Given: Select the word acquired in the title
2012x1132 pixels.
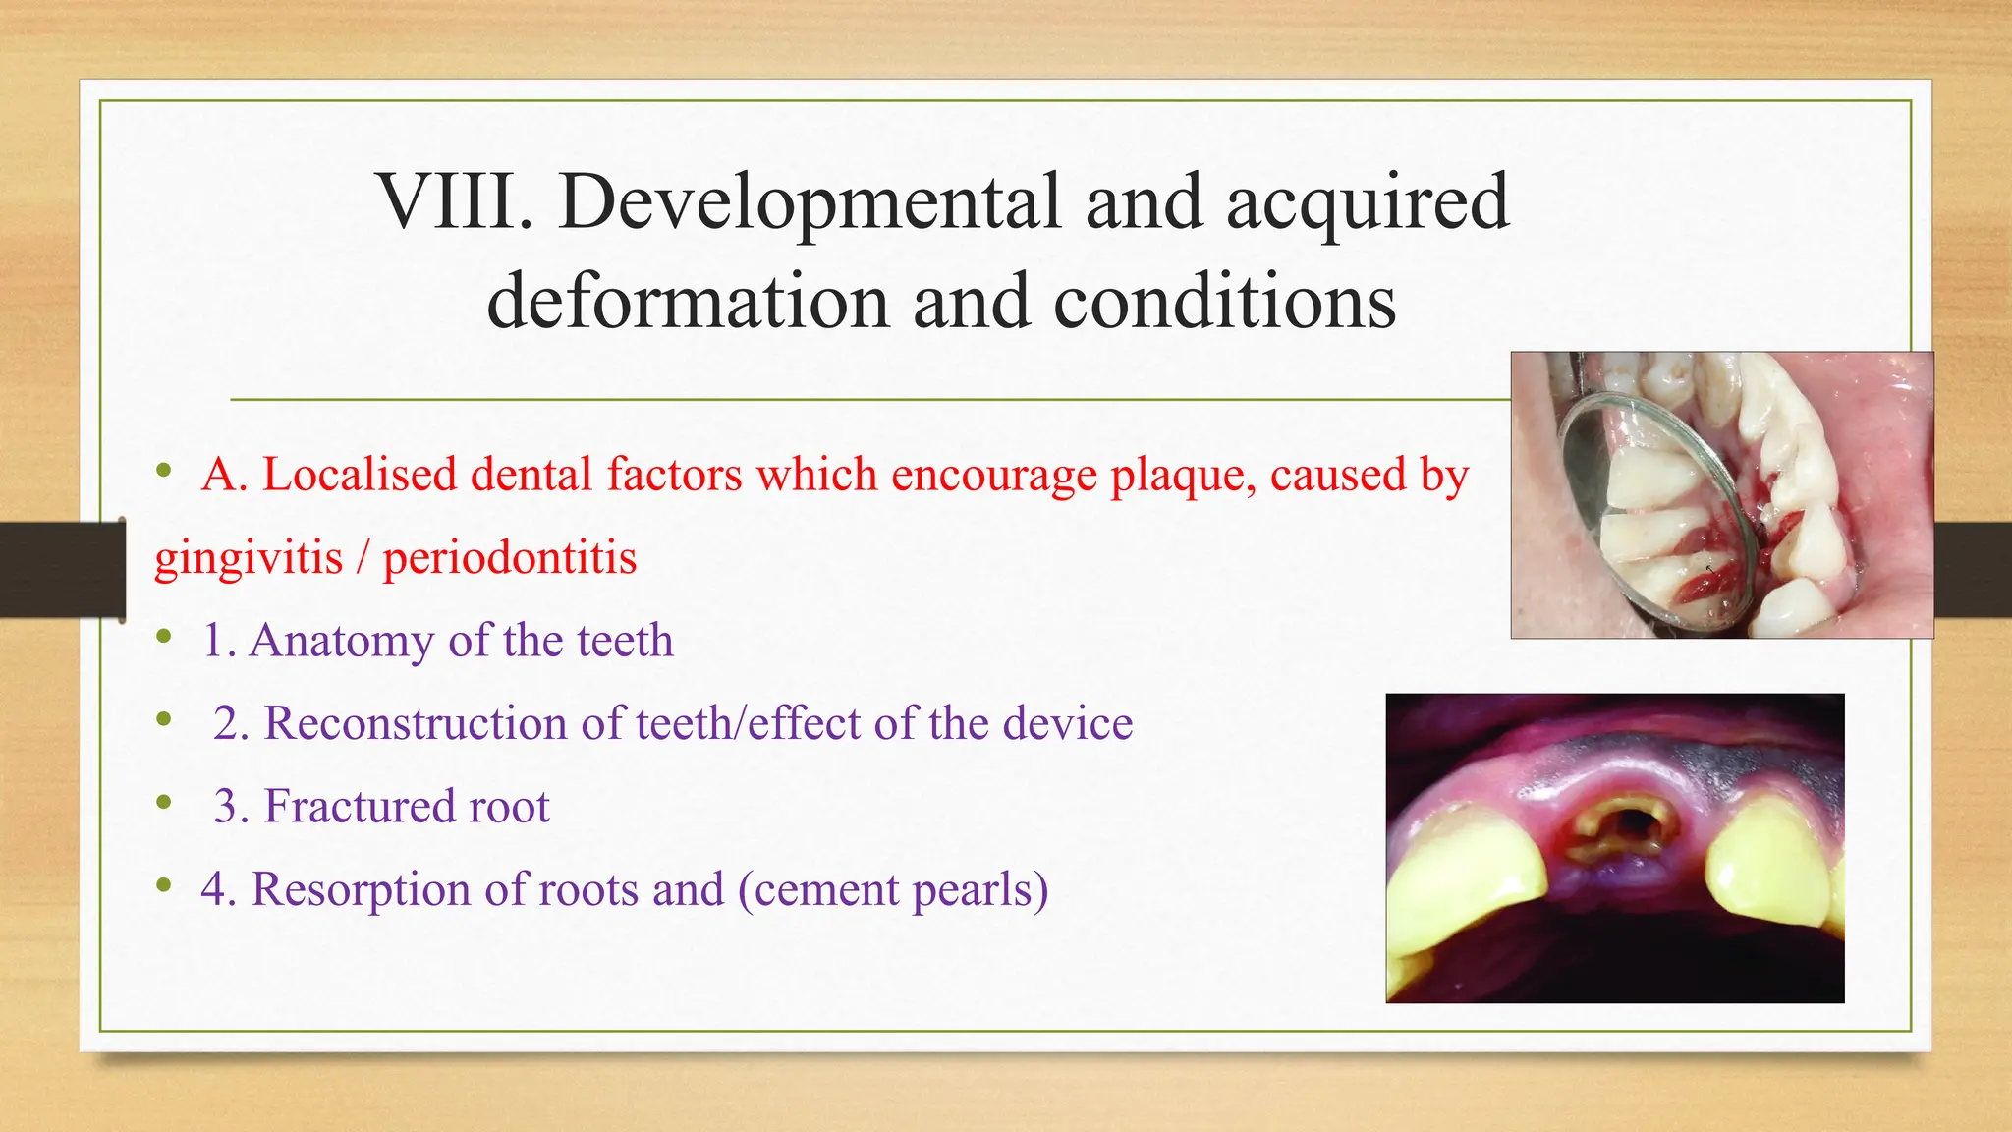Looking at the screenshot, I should tap(1368, 204).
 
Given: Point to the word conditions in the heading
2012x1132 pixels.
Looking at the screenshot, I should tap(1224, 303).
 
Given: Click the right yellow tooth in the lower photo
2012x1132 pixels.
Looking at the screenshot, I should tap(1768, 865).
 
